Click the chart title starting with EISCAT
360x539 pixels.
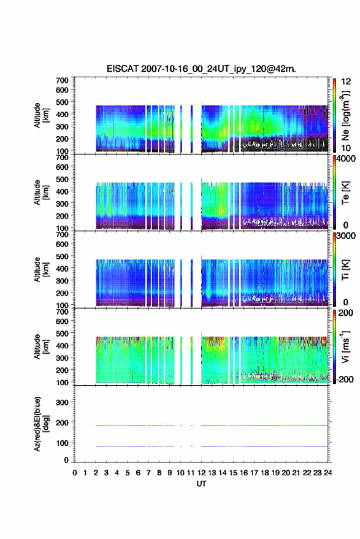pos(201,69)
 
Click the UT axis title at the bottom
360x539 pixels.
pos(201,484)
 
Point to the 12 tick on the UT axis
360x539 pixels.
pos(201,473)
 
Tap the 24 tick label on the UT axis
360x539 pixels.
pos(328,473)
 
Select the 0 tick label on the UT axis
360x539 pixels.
pos(75,473)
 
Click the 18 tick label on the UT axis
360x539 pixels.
pos(265,473)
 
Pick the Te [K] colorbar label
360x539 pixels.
pos(345,193)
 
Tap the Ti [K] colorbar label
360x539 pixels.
pos(345,270)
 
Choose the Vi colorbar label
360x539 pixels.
pos(345,346)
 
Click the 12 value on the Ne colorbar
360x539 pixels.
pos(346,82)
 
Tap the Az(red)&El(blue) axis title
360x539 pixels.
pos(40,424)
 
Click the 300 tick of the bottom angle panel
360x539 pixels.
pos(62,402)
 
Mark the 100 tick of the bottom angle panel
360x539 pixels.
pos(62,443)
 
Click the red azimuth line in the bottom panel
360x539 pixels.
pos(212,426)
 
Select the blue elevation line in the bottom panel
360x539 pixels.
pos(212,446)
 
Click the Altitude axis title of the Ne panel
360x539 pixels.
pos(40,115)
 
